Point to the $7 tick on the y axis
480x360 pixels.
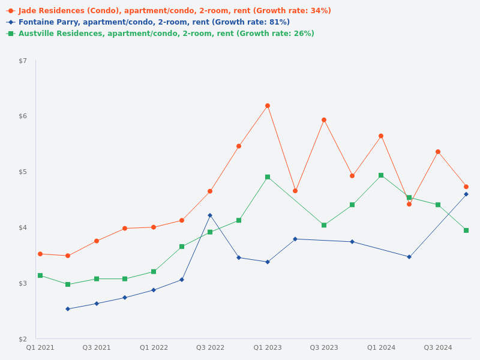point(23,61)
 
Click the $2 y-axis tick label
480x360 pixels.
point(23,339)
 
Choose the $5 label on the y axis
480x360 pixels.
point(23,172)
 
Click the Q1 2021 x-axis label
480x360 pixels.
point(40,348)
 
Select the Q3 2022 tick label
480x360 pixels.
point(210,348)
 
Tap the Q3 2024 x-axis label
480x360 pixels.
point(438,348)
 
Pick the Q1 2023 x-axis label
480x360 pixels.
point(268,348)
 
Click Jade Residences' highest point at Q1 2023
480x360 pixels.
point(268,106)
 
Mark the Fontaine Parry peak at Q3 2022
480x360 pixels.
point(210,215)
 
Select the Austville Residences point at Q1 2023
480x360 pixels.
point(268,177)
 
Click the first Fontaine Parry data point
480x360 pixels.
point(68,309)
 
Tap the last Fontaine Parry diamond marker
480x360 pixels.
point(466,194)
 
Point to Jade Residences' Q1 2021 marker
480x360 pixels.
point(40,254)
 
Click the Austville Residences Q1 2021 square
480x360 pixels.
point(40,275)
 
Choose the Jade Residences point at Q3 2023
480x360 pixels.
point(324,120)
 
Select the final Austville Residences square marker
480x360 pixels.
point(466,230)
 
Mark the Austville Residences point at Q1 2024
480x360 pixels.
point(381,175)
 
